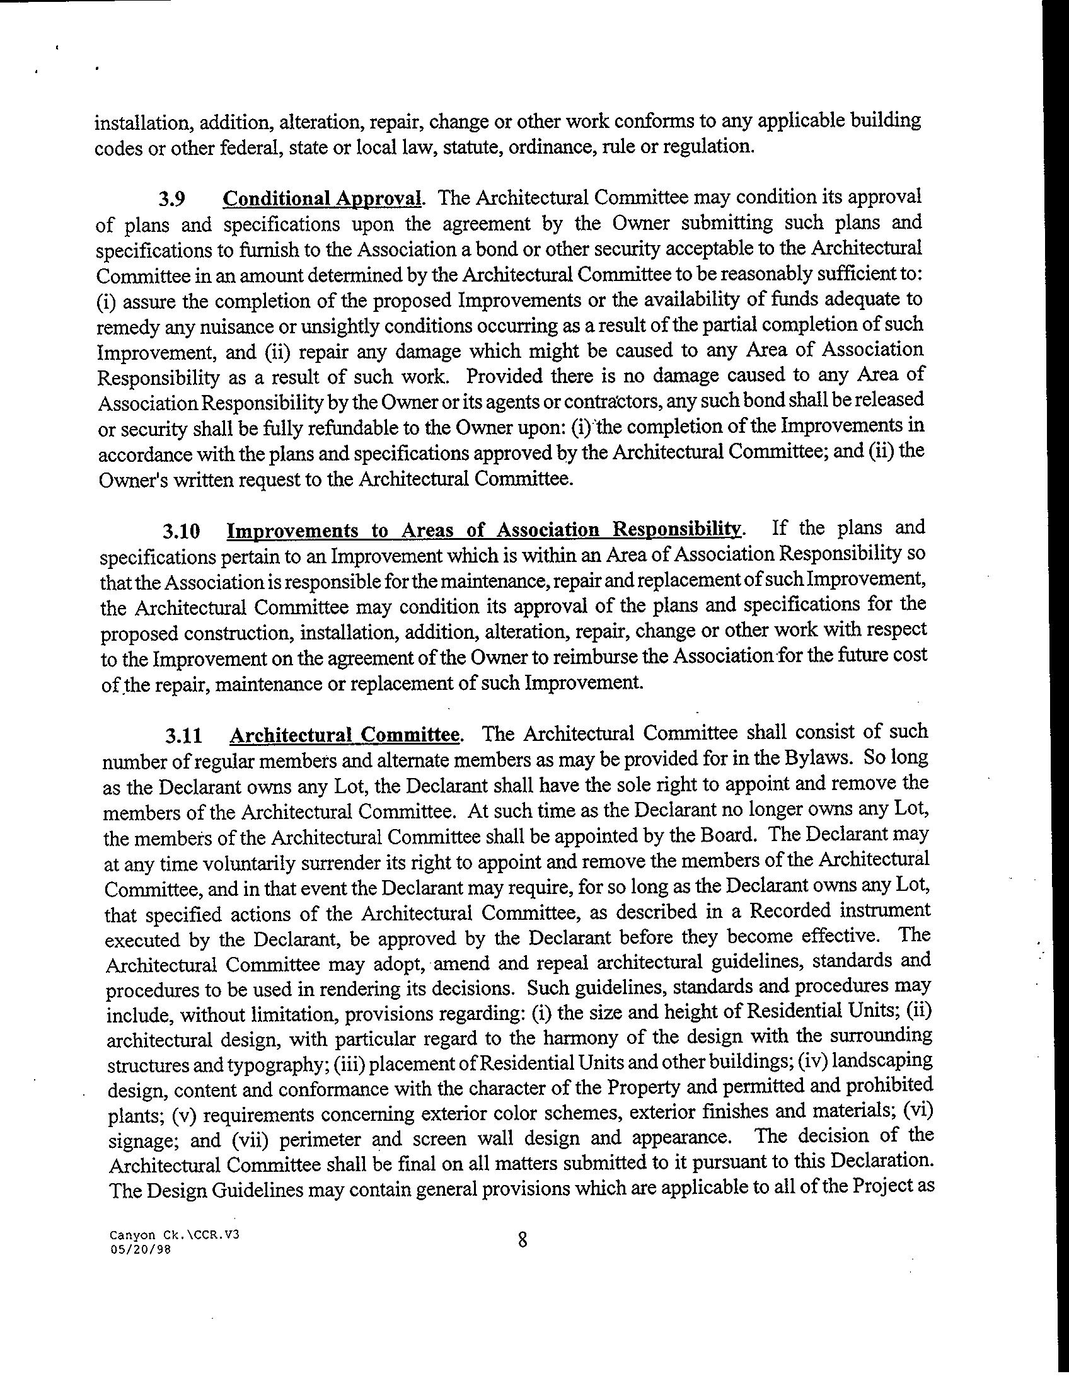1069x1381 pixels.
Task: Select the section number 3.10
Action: click(x=182, y=531)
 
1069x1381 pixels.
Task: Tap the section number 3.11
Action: click(x=184, y=736)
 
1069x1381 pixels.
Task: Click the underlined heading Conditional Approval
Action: click(x=322, y=198)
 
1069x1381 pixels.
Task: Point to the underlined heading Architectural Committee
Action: click(x=345, y=735)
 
